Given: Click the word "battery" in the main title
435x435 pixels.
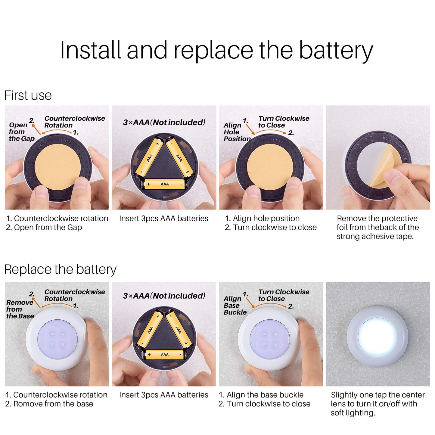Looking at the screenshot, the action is pyautogui.click(x=336, y=50).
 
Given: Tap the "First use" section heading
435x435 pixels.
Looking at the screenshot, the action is pyautogui.click(x=28, y=95).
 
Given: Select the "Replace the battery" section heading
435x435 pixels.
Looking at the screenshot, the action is pyautogui.click(x=60, y=270).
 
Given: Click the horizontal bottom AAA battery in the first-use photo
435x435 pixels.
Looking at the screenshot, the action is pyautogui.click(x=165, y=184).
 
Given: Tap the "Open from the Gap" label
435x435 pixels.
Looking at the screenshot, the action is pyautogui.click(x=22, y=132).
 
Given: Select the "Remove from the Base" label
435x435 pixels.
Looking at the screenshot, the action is pyautogui.click(x=20, y=309).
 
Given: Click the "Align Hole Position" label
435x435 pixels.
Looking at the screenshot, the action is pyautogui.click(x=237, y=132).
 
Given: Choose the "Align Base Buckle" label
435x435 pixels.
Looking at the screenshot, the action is pyautogui.click(x=235, y=306).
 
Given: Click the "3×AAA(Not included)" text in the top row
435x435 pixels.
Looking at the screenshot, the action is pyautogui.click(x=164, y=122).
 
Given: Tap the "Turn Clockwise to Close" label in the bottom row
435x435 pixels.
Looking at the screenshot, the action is pyautogui.click(x=284, y=295).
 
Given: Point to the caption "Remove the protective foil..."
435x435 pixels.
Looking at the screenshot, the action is pyautogui.click(x=378, y=227).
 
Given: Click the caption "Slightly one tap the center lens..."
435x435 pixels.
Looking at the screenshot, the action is pyautogui.click(x=378, y=404).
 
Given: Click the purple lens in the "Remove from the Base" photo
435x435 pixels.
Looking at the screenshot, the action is pyautogui.click(x=57, y=339).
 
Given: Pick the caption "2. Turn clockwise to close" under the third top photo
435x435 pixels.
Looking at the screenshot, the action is pyautogui.click(x=271, y=227).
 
